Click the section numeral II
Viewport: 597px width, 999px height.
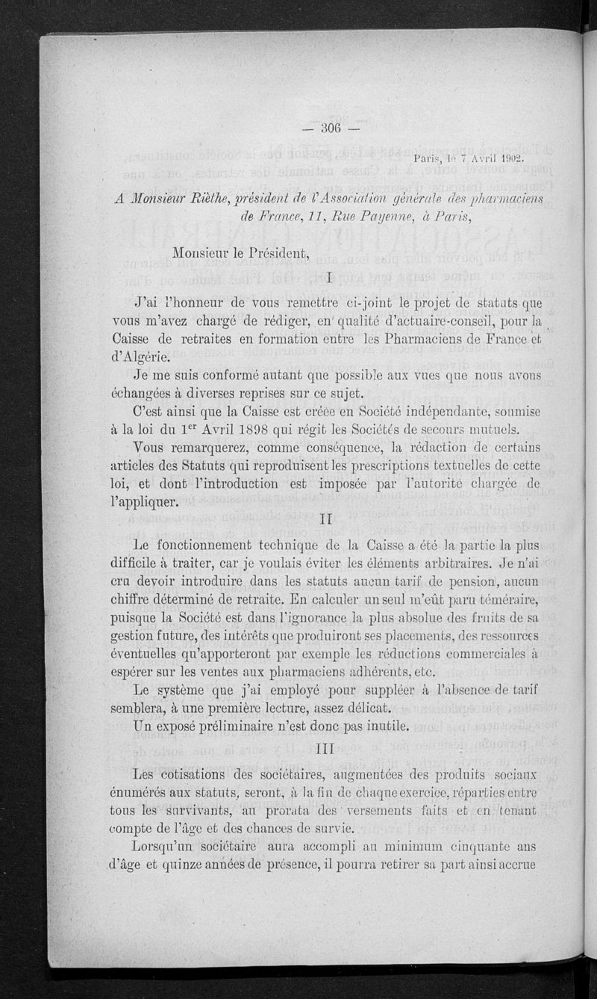click(330, 517)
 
